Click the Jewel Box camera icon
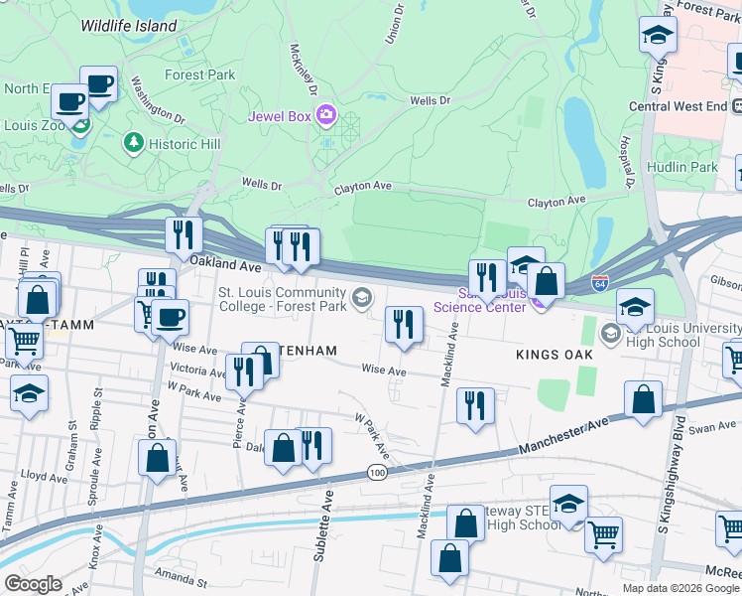(x=326, y=116)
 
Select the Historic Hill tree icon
(x=134, y=143)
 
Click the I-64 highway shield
(x=599, y=283)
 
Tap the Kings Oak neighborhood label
(x=553, y=355)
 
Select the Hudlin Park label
(x=681, y=168)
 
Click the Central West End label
(x=679, y=106)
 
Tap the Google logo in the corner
(x=33, y=584)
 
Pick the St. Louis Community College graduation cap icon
(x=362, y=295)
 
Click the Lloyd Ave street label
(x=44, y=477)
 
